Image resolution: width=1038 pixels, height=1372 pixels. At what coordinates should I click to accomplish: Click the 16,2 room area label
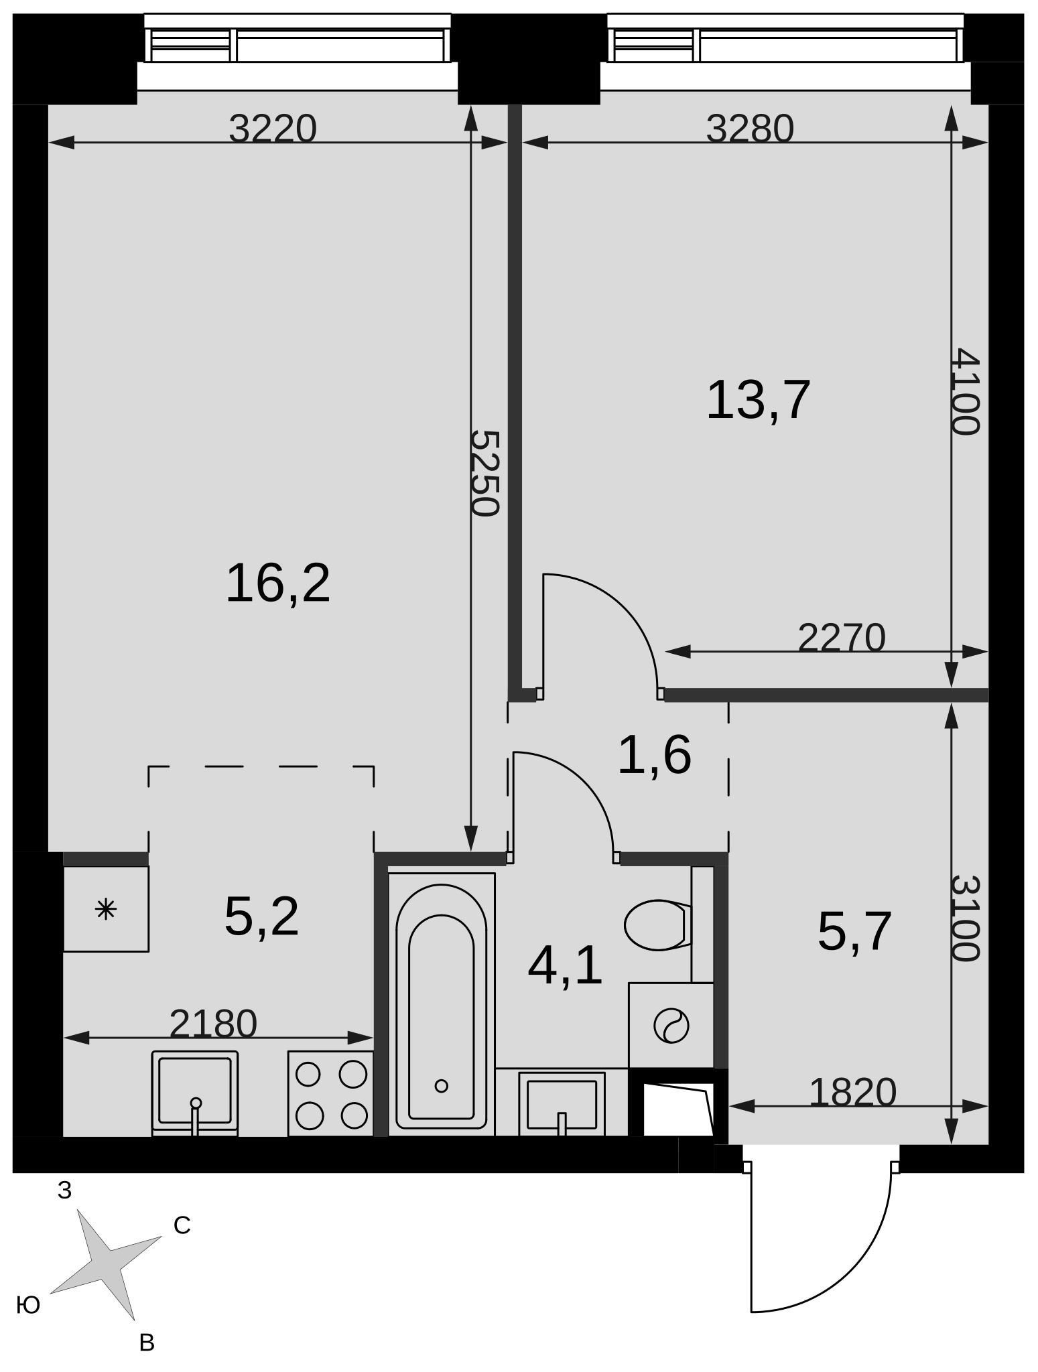278,584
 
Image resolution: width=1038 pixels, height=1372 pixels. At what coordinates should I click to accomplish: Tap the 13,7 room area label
759,400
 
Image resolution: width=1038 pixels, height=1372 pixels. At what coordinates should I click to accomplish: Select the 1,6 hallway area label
654,756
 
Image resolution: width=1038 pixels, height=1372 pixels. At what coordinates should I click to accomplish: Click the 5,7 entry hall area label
854,931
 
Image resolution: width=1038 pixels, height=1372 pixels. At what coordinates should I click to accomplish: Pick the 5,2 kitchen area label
261,916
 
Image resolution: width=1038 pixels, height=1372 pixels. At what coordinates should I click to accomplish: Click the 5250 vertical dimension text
484,473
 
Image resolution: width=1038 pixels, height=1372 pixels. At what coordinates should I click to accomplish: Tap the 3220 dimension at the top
272,129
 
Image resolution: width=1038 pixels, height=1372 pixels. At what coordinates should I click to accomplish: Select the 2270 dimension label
842,638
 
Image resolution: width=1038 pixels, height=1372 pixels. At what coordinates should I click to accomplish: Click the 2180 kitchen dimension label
213,1024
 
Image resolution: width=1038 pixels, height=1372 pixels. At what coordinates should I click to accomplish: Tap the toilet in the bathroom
657,925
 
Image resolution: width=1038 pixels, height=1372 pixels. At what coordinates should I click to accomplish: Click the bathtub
442,1005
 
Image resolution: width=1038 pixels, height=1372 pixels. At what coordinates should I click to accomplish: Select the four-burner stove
331,1094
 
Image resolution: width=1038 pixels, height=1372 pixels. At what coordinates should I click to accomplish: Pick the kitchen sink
195,1093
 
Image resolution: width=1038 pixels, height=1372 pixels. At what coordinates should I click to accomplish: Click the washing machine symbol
671,1026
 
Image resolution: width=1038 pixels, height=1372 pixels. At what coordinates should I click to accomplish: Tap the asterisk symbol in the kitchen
107,910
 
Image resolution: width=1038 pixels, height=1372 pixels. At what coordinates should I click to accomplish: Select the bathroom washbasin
562,1104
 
